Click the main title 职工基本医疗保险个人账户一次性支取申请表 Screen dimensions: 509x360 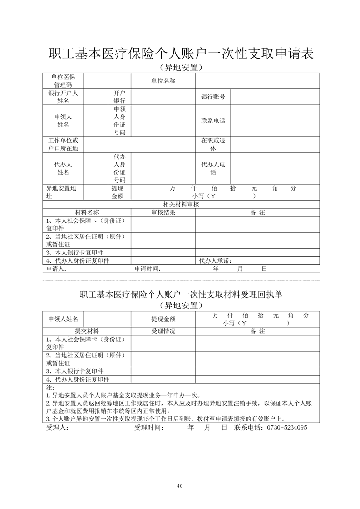point(181,54)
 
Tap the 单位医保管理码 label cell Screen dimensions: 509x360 point(63,81)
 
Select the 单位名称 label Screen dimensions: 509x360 point(163,81)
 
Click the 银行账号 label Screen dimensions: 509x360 point(213,97)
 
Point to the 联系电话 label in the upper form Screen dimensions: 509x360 point(213,121)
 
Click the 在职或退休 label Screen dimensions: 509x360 point(213,144)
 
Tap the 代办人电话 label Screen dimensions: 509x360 point(213,168)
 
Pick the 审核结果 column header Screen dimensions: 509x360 point(163,212)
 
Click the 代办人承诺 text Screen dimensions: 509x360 point(216,260)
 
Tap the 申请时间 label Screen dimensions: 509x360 point(148,269)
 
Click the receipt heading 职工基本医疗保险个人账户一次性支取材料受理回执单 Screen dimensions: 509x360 point(181,294)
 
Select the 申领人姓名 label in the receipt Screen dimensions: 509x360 point(63,319)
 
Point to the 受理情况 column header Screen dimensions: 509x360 point(163,331)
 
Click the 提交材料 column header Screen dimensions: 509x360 point(87,331)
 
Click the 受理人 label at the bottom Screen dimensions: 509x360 point(57,427)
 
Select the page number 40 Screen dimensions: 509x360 point(180,486)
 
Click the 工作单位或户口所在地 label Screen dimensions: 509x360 point(63,144)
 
